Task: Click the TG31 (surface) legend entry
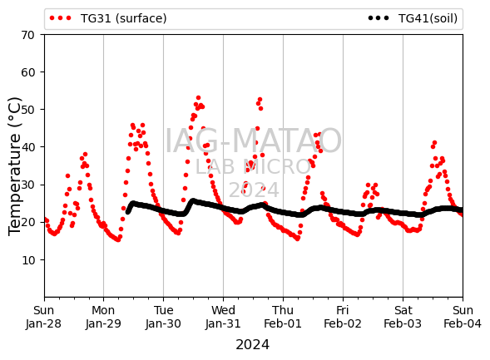108,18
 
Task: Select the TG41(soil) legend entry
413,18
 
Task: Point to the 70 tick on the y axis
27,35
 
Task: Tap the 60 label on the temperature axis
27,72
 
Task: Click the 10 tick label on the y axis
27,259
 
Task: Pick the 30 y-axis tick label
27,185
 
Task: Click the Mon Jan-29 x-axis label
103,317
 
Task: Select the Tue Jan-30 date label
163,317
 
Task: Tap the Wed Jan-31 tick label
223,317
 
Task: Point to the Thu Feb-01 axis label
283,317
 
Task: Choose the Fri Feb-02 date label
343,317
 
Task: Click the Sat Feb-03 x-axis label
403,317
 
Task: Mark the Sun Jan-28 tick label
44,317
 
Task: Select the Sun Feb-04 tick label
463,317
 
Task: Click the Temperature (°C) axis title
14,166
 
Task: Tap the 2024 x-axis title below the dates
253,345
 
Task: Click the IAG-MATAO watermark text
253,141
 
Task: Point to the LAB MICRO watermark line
253,167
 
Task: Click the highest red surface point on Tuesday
198,98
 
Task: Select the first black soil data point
127,212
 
